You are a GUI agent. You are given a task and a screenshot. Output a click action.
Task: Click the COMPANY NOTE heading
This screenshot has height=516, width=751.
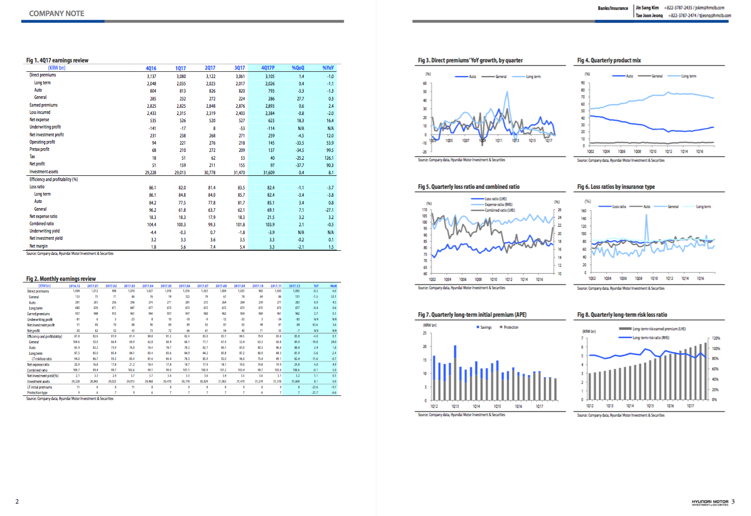57,14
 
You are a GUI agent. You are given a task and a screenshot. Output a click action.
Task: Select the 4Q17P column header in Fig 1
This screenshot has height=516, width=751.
268,68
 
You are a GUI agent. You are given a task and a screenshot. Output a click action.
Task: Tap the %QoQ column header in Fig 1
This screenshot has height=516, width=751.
298,68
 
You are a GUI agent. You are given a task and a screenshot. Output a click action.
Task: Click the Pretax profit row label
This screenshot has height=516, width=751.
39,149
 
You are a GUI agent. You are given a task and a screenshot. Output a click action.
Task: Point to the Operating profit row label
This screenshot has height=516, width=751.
42,142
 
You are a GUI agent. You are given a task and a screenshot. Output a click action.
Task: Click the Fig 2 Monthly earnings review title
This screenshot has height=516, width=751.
61,279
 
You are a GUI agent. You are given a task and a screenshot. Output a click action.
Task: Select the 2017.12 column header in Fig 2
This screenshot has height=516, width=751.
294,286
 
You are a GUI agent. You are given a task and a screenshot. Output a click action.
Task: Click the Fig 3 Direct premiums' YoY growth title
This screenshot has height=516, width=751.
470,60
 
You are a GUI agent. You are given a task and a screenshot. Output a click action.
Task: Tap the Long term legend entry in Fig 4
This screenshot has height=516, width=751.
689,76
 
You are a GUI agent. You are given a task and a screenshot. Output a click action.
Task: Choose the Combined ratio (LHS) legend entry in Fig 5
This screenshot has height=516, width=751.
499,210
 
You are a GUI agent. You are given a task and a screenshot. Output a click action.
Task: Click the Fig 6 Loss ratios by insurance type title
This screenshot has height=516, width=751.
616,187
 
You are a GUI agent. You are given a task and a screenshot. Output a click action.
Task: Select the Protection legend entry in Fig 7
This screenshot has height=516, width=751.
510,327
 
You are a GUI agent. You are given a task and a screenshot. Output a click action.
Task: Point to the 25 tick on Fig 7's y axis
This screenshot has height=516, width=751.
424,333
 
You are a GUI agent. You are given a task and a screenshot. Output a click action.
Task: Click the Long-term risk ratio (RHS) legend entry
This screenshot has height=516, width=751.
650,338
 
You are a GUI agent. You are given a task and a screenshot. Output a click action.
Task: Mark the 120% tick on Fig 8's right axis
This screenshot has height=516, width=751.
716,338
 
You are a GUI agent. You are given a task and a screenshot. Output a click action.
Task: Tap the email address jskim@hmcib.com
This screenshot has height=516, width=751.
710,8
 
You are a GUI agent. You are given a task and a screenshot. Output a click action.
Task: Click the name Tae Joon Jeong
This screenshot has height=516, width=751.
649,16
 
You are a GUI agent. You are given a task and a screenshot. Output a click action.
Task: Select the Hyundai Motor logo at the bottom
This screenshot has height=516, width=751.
709,502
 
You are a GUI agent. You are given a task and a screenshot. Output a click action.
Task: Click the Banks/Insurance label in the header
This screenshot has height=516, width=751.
613,8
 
